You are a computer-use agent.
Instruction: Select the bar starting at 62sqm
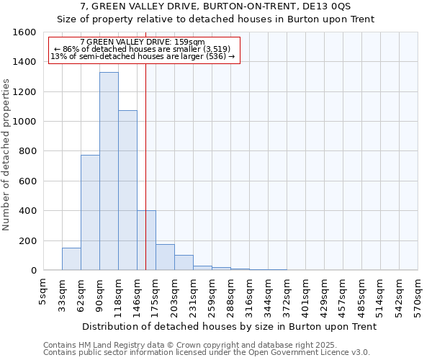click(x=90, y=212)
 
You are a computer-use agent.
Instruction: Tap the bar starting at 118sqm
click(x=127, y=190)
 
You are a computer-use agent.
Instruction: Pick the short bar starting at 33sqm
click(x=71, y=259)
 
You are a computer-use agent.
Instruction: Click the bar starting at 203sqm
click(x=184, y=263)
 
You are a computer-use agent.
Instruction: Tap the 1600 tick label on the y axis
click(x=25, y=32)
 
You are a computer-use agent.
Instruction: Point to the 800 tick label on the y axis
click(x=28, y=151)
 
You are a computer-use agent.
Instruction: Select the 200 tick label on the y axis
click(x=28, y=240)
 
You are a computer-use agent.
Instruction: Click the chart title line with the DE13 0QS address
click(x=216, y=6)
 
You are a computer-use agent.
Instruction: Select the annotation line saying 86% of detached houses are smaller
click(x=143, y=49)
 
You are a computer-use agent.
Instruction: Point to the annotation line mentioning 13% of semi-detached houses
click(x=143, y=56)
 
